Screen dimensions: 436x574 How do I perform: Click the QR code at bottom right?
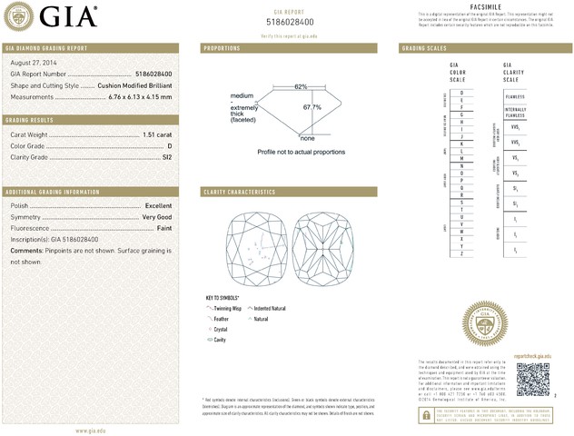point(535,378)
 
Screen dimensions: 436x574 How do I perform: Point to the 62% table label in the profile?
point(301,86)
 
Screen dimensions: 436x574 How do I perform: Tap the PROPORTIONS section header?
point(223,47)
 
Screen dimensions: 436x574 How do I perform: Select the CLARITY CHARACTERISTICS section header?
point(240,193)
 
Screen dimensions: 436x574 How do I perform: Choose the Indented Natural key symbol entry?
point(271,309)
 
